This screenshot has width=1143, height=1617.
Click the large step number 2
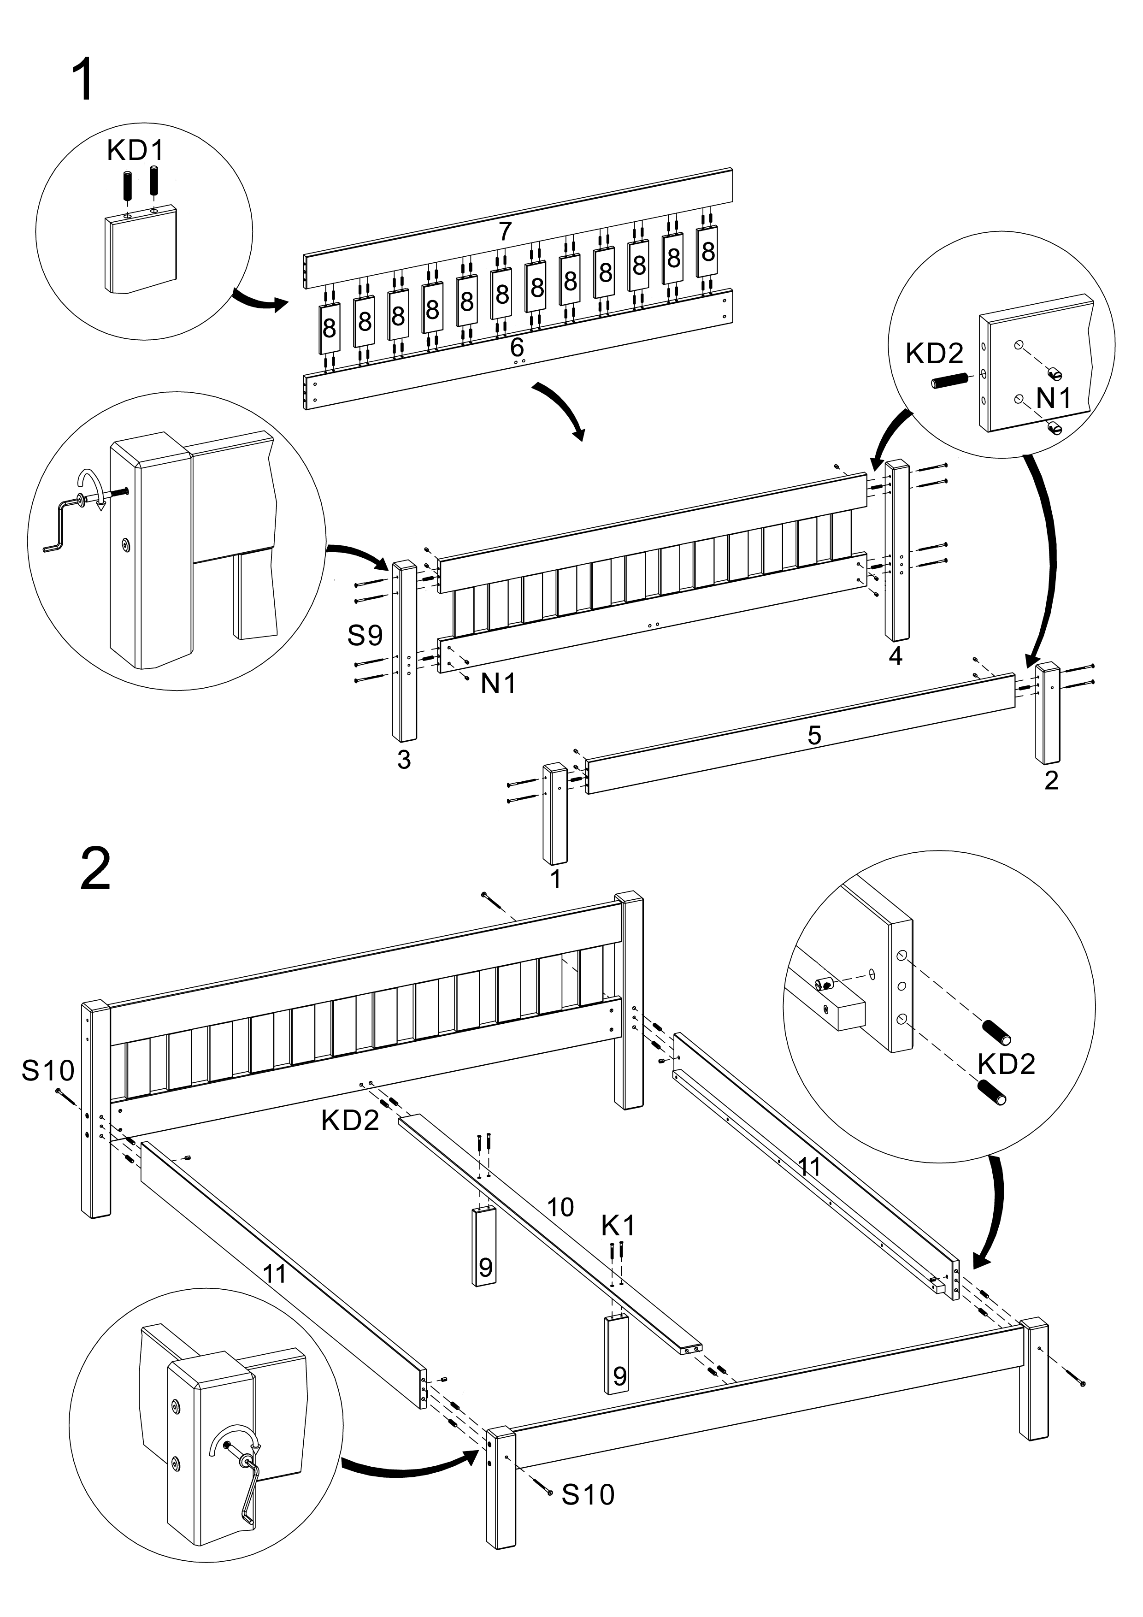96,870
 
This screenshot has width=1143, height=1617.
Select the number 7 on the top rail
504,231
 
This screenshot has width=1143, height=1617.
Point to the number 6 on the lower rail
517,347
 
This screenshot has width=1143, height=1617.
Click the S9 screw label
365,636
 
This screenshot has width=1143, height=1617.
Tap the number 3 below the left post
404,760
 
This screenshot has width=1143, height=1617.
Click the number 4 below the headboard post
895,656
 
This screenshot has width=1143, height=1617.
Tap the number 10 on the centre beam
560,1207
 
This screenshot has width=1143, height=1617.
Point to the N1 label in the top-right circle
1054,399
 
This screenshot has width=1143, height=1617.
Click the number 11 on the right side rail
810,1167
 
